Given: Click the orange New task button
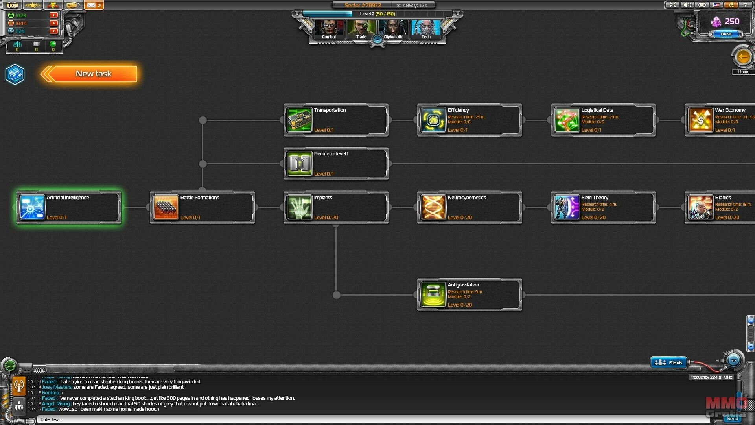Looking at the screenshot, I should click(93, 74).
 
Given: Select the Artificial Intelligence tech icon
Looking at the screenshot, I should click(32, 207).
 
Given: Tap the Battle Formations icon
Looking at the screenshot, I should click(166, 207).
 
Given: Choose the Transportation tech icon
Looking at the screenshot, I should click(299, 120).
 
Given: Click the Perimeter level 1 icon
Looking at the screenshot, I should click(299, 164).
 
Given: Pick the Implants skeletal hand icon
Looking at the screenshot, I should click(299, 207).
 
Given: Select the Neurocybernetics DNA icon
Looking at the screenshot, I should click(433, 207).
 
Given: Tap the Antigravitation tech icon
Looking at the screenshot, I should click(433, 295).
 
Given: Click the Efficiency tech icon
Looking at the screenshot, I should click(433, 120).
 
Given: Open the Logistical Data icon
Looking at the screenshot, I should click(567, 120).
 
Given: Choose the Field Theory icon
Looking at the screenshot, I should click(567, 207).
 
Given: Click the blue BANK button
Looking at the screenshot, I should click(726, 34).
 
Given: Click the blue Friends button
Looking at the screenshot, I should click(668, 362).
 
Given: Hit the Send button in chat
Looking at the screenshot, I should click(732, 419).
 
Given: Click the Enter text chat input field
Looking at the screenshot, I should click(354, 419).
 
